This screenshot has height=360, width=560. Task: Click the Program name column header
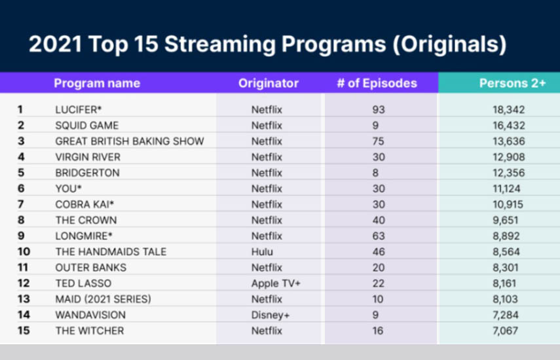(x=97, y=83)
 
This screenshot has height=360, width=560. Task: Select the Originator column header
(x=269, y=83)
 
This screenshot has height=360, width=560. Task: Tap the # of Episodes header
(x=377, y=83)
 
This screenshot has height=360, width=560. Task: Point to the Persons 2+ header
(x=512, y=83)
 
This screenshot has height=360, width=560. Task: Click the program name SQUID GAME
(x=87, y=126)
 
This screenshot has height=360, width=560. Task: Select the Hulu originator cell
(x=262, y=252)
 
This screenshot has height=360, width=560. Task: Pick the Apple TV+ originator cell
(x=276, y=283)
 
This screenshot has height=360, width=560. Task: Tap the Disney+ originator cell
(x=271, y=315)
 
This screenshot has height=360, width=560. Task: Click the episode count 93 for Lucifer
(x=379, y=109)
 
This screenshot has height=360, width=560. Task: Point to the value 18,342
(x=508, y=109)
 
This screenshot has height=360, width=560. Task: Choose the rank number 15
(x=24, y=331)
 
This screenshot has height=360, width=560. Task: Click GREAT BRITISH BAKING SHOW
(x=130, y=141)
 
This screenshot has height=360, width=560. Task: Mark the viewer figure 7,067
(x=505, y=331)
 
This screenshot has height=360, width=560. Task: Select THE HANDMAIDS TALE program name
(x=111, y=252)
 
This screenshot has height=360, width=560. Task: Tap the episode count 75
(x=378, y=141)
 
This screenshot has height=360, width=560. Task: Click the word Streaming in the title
(x=219, y=45)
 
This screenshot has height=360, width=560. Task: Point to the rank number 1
(x=20, y=109)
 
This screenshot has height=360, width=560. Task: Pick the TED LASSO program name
(x=83, y=283)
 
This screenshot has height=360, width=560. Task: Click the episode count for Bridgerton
(x=375, y=173)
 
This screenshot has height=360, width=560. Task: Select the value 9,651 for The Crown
(x=505, y=220)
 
